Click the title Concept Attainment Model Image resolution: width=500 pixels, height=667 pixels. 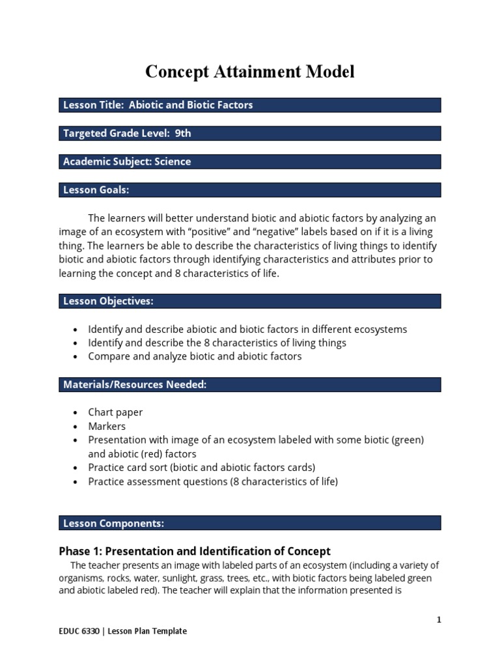click(x=250, y=72)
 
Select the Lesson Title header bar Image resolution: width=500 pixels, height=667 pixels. click(x=250, y=105)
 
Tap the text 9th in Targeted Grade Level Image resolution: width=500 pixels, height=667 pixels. click(x=183, y=134)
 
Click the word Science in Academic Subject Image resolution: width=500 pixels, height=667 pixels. click(x=173, y=162)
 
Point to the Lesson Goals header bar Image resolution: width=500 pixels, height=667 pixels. click(x=250, y=190)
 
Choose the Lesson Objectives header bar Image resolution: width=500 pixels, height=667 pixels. click(x=250, y=301)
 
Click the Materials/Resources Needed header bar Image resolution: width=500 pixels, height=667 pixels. click(x=250, y=385)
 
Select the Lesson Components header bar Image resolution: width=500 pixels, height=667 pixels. click(x=250, y=523)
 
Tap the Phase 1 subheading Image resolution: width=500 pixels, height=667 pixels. click(x=195, y=551)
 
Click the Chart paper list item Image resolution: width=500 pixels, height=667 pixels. click(x=115, y=412)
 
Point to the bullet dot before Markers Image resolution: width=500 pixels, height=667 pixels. click(x=77, y=427)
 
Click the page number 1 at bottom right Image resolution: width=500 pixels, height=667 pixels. click(x=439, y=620)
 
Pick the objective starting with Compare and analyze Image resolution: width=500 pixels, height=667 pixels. click(x=195, y=356)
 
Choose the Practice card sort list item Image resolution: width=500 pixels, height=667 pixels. click(x=201, y=468)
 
